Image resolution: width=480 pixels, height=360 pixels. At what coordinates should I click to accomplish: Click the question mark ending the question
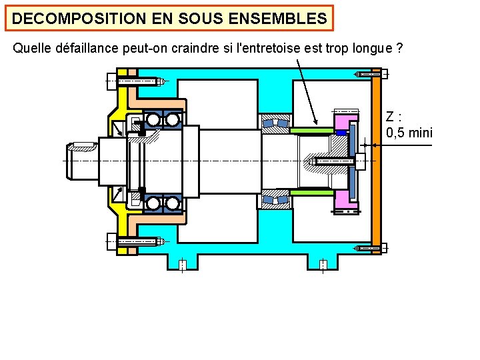399,49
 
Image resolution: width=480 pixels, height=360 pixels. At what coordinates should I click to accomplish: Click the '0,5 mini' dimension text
409,133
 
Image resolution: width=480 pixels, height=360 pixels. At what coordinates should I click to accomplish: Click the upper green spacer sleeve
311,130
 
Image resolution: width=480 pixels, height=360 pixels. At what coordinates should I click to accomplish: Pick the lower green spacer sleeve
311,192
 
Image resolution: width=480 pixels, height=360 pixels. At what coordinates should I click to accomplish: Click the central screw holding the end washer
331,161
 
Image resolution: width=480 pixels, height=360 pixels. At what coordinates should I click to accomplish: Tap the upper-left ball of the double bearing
154,120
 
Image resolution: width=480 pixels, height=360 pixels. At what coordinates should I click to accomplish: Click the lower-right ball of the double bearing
173,203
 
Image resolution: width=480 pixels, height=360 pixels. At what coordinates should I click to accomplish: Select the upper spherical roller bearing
275,123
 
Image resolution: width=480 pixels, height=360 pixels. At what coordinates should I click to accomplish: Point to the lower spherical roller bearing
275,199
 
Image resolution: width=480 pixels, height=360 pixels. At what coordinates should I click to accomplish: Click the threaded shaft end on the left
81,161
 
